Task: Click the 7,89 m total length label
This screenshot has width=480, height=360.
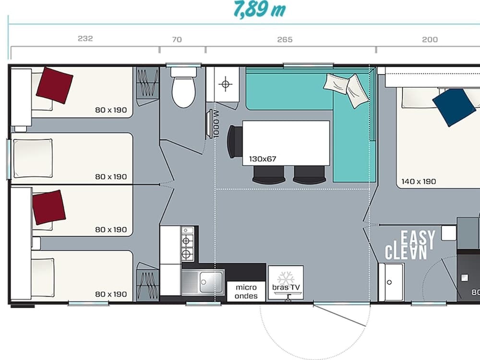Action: coord(260,9)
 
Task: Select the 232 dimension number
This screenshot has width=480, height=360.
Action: coord(85,39)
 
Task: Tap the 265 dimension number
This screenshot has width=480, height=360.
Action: coord(285,39)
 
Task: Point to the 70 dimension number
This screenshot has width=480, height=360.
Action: coord(177,39)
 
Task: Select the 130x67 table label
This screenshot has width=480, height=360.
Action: coord(263,158)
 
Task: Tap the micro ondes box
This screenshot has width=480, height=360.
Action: coord(246,291)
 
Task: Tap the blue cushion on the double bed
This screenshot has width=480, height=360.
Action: coord(454,107)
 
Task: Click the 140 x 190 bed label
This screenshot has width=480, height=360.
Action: coord(419,181)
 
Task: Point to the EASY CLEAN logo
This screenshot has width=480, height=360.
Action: coord(411,245)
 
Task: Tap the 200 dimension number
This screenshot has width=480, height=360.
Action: coord(430,39)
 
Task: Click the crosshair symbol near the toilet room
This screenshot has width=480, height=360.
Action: coord(225,84)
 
